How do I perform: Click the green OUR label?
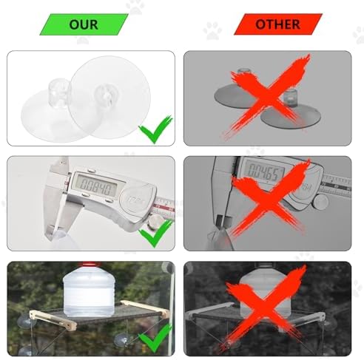(x=84, y=24)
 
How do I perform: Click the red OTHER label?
(x=278, y=24)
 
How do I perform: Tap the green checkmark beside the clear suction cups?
(x=155, y=129)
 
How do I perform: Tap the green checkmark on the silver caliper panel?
(x=155, y=233)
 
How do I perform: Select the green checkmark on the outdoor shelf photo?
(x=155, y=338)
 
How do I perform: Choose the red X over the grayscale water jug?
(x=265, y=308)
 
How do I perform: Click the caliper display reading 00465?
(x=266, y=171)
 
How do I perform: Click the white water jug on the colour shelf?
(x=88, y=291)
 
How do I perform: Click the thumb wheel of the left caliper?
(x=157, y=221)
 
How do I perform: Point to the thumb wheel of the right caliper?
(x=320, y=202)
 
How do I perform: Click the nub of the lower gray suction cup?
(x=290, y=98)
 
